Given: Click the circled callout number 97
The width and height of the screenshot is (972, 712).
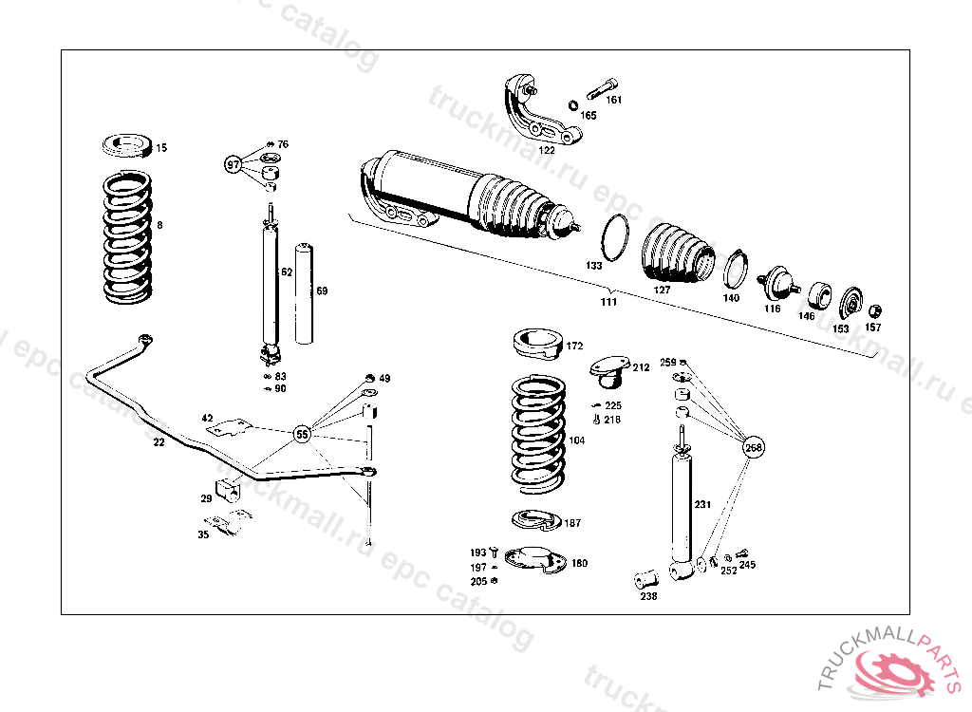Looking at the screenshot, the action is [x=234, y=164].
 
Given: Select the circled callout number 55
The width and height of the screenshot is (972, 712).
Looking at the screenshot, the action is [x=302, y=435].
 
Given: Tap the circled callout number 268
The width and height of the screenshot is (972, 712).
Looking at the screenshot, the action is [x=753, y=447].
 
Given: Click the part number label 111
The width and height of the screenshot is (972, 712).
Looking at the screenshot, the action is [x=608, y=302].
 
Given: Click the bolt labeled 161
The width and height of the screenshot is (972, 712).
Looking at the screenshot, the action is [x=602, y=92].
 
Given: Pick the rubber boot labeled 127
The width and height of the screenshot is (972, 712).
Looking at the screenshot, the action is [x=677, y=253].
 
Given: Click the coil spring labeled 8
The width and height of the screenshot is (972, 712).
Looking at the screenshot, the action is [x=126, y=236].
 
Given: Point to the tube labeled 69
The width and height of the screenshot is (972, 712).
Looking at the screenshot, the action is [x=304, y=293].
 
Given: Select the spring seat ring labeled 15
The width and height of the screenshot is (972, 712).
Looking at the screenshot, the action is [x=125, y=147].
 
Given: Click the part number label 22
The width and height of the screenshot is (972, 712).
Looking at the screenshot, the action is [x=159, y=441].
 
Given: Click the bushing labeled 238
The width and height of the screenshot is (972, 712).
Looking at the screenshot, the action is [x=646, y=577].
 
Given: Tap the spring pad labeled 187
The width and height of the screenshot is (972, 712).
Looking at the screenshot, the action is [x=537, y=519].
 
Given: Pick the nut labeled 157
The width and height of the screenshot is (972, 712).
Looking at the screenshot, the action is [x=875, y=310].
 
